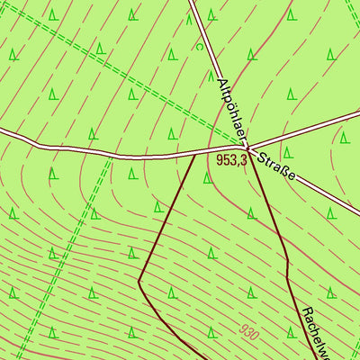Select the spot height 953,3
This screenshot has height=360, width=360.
[x=231, y=159]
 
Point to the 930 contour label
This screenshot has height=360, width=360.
[x=249, y=332]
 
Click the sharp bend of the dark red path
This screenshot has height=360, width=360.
[x=139, y=281]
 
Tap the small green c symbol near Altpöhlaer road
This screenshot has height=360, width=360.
[x=198, y=46]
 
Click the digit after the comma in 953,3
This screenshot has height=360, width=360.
[x=243, y=160]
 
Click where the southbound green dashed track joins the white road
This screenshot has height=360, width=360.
[x=111, y=157]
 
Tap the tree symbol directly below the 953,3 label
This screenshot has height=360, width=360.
[x=209, y=178]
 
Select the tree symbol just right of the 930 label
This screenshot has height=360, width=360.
[x=292, y=333]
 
